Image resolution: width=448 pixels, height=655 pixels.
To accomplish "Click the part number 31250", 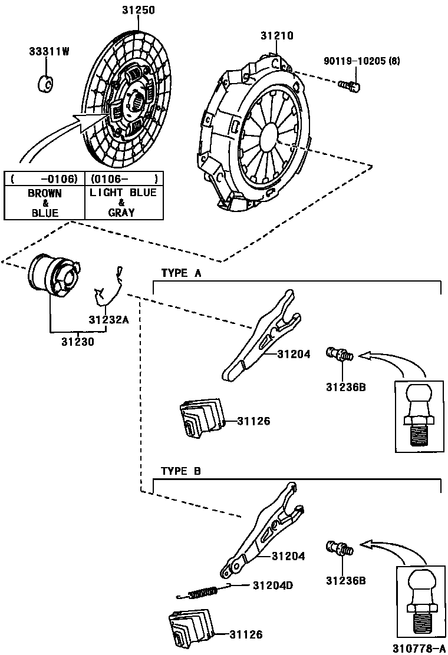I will click(x=138, y=11).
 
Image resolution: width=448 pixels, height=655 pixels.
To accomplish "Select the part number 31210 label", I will click(x=276, y=36).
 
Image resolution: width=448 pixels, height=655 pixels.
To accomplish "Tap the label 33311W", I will click(x=49, y=51).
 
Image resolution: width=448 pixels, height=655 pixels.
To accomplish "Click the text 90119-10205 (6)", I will click(x=361, y=61).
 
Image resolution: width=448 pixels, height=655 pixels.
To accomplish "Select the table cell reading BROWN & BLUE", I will click(x=44, y=203).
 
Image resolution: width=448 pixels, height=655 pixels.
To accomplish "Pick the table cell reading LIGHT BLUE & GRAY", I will click(x=123, y=203).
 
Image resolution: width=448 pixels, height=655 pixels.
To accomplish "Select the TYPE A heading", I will click(x=181, y=273).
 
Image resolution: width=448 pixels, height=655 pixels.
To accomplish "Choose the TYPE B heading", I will click(x=181, y=471).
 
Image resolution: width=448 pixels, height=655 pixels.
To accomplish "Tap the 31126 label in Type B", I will click(x=246, y=634).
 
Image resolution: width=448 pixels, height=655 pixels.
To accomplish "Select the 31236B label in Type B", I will click(x=345, y=580).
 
